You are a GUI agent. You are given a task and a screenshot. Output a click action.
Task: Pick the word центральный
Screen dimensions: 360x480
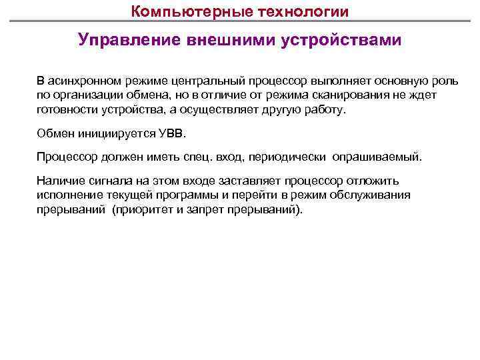(203, 81)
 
